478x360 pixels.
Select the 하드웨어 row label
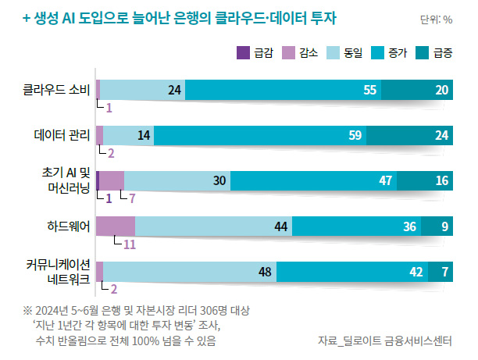[x=68, y=226]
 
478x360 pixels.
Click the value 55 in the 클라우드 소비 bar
[x=371, y=90]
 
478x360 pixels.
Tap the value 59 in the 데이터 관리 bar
[x=355, y=135]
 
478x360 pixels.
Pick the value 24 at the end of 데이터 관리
[x=442, y=135]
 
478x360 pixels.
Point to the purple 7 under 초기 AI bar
[x=132, y=198]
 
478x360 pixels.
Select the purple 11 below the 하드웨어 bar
[x=130, y=244]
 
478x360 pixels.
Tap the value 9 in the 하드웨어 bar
[x=444, y=226]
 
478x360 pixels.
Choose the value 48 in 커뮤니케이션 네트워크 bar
[x=264, y=272]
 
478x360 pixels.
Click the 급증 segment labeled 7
[x=444, y=272]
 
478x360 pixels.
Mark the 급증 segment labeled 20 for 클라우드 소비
[x=442, y=90]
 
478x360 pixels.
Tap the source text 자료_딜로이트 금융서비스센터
[x=385, y=340]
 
